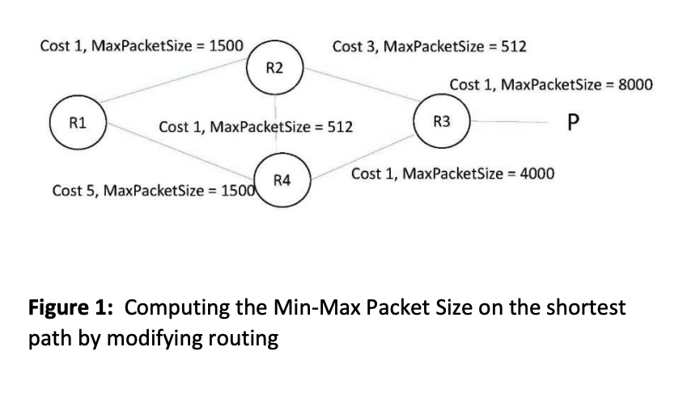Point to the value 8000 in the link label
[x=634, y=85]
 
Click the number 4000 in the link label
[x=536, y=174]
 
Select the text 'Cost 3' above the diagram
[x=352, y=46]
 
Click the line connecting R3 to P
[x=510, y=123]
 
